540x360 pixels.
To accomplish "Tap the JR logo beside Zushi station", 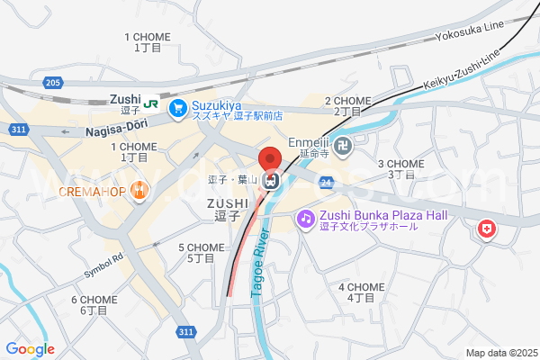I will click(152, 103).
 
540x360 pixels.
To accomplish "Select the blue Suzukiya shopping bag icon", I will click(177, 107).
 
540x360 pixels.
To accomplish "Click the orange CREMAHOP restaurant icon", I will click(139, 191).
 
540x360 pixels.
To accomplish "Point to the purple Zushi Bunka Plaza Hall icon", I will click(306, 218).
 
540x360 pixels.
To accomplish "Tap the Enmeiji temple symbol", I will click(343, 144).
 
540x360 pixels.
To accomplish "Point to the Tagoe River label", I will click(261, 256).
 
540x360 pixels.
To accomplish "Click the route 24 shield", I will click(325, 182).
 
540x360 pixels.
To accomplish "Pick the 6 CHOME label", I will click(94, 304).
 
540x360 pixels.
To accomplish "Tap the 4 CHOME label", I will click(361, 292).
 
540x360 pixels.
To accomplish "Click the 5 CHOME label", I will click(201, 252).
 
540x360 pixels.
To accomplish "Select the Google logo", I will click(30, 349).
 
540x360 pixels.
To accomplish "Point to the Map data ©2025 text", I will click(499, 353).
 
